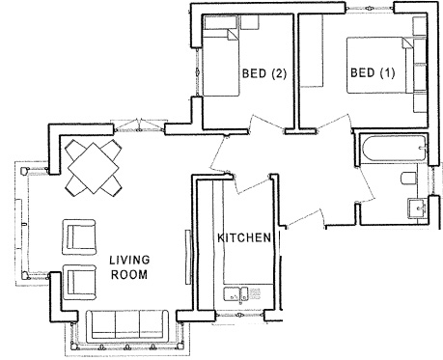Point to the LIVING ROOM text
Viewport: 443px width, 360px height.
pyautogui.click(x=127, y=266)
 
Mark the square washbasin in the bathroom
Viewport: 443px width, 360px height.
pyautogui.click(x=418, y=208)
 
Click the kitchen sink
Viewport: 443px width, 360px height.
pyautogui.click(x=238, y=294)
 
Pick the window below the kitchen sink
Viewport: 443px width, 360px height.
pyautogui.click(x=237, y=316)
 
